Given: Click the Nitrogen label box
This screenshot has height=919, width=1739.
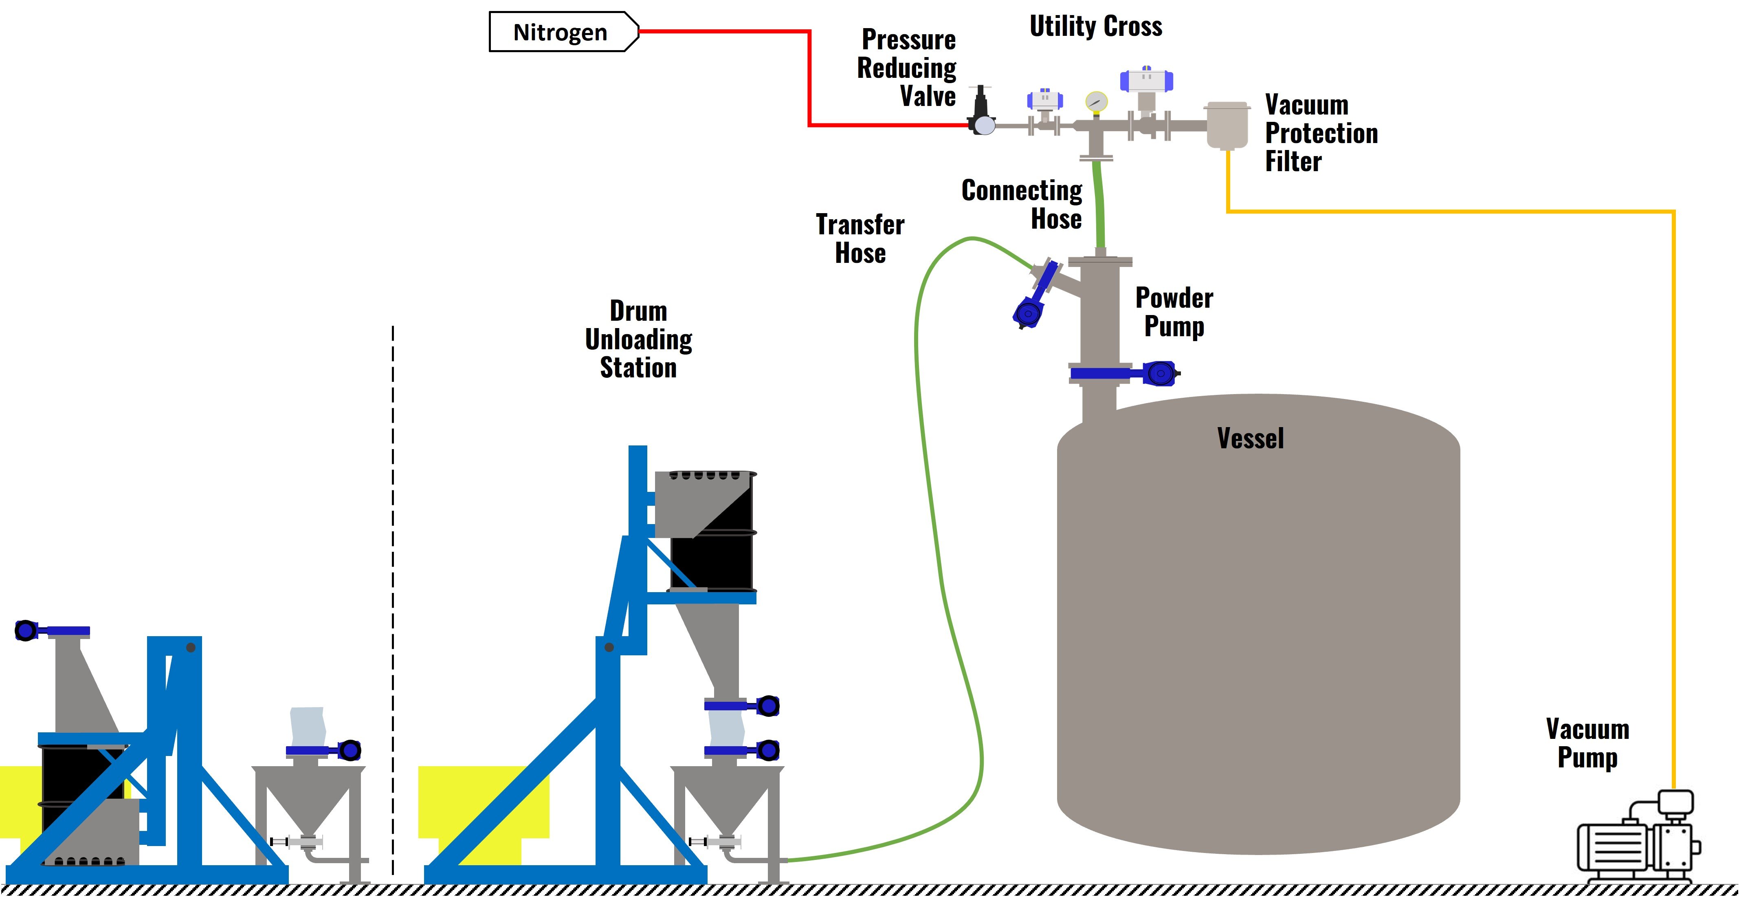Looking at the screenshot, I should coord(562,32).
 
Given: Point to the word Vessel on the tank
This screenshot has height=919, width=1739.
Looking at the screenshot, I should coord(1250,439).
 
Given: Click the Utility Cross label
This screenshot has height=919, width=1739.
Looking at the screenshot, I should coord(1096,26).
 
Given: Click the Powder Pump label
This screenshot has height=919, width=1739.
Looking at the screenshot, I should coord(1174,312).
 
